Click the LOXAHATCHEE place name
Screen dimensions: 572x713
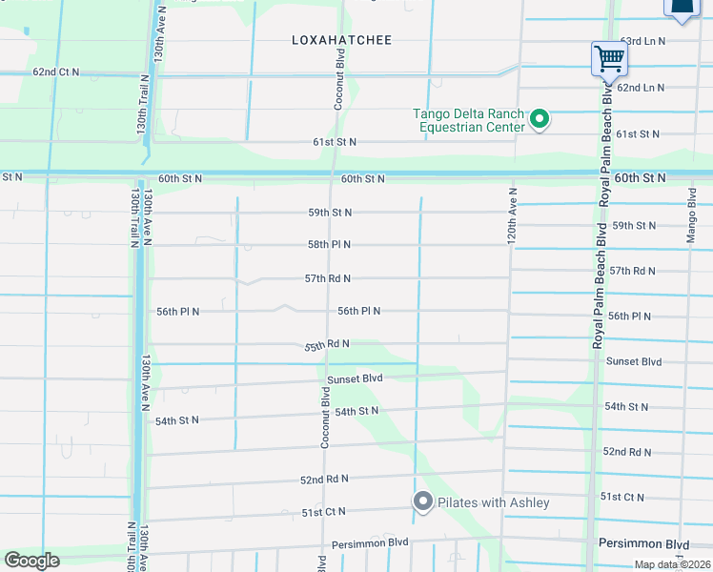(341, 40)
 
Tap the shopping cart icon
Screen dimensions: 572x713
(608, 58)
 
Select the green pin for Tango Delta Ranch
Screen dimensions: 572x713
(540, 119)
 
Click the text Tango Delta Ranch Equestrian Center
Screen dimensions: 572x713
(469, 120)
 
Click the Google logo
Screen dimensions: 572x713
(31, 561)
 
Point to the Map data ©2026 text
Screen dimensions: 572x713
(672, 564)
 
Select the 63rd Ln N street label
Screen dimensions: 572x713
(642, 42)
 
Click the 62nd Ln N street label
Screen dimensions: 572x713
(641, 88)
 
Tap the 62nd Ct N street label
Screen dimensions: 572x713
(56, 72)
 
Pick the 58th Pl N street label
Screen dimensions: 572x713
(329, 245)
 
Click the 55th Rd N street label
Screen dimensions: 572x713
(327, 344)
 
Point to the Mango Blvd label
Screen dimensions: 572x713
(692, 215)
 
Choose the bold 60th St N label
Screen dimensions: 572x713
(641, 178)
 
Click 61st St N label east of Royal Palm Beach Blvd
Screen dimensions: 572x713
(638, 134)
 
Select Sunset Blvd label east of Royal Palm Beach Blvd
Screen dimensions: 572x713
(635, 362)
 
